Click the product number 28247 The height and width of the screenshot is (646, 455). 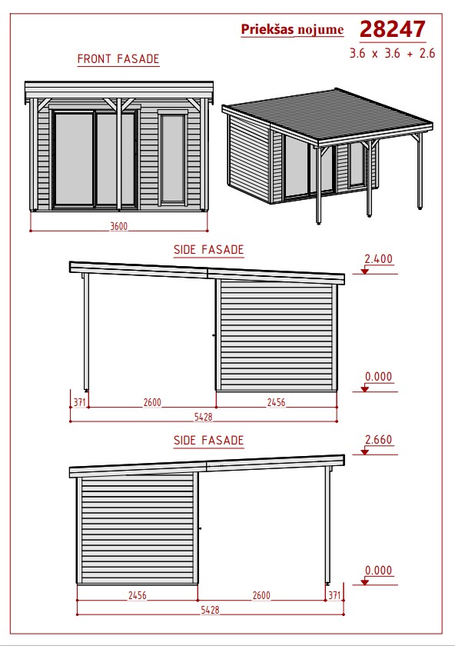click(393, 29)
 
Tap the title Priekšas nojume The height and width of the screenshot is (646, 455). click(292, 29)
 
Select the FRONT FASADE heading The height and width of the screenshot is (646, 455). click(118, 59)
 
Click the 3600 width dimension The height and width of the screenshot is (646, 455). click(118, 226)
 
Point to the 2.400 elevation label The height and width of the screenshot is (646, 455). click(378, 258)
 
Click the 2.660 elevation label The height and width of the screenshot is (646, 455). click(378, 440)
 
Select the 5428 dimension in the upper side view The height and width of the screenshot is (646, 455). click(204, 417)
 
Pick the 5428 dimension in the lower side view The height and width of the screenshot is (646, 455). click(210, 609)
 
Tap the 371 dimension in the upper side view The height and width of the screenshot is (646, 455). click(79, 401)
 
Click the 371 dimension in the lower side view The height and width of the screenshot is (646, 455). click(335, 595)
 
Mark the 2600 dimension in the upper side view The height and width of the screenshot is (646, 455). click(152, 402)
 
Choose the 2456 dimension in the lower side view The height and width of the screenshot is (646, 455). click(137, 595)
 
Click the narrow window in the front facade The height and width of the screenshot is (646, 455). click(173, 158)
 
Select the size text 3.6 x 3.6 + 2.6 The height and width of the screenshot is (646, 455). click(392, 53)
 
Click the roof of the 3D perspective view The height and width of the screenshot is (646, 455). click(327, 115)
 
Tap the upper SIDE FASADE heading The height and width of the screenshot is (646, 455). click(209, 250)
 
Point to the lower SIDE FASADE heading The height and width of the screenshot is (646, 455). click(209, 440)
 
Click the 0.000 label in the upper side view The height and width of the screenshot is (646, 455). click(378, 376)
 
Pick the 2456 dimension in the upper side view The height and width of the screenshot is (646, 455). click(276, 402)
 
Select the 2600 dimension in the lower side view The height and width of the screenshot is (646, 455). click(261, 595)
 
